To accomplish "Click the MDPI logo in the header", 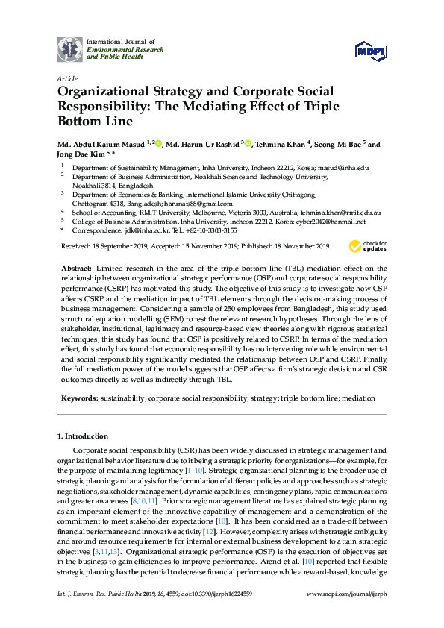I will pos(371,50).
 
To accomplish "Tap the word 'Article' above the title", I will pos(66,78).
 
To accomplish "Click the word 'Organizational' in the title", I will pos(105,92).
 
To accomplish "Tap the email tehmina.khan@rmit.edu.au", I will pos(341,212).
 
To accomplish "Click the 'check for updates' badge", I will pos(365,247).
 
